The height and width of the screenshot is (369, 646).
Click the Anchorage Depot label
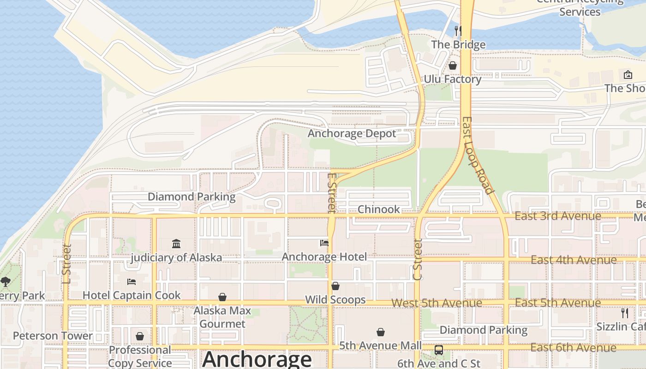click(x=352, y=134)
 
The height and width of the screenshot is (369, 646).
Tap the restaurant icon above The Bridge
click(x=458, y=31)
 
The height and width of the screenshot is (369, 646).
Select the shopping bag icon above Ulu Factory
click(x=453, y=65)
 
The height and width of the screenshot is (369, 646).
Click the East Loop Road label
click(x=478, y=155)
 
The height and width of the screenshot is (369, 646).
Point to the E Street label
click(x=331, y=193)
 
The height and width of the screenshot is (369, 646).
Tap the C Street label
click(x=418, y=259)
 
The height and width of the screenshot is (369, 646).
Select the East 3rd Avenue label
click(x=557, y=216)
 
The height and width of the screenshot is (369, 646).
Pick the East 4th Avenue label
click(x=574, y=260)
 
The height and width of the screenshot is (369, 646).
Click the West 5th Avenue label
click(x=437, y=303)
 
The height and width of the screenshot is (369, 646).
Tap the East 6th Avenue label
click(x=573, y=348)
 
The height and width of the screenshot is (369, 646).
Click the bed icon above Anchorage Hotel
click(x=324, y=243)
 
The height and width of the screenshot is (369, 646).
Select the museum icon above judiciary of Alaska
click(x=176, y=244)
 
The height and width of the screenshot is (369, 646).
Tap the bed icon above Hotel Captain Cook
click(x=132, y=281)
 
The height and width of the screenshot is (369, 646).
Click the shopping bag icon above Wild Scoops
click(x=335, y=286)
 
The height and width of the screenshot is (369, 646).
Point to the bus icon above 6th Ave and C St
click(x=439, y=350)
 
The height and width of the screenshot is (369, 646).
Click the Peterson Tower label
click(x=53, y=336)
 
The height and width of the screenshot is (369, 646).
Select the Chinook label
click(x=379, y=209)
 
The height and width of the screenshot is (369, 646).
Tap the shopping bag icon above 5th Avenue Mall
click(x=381, y=332)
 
